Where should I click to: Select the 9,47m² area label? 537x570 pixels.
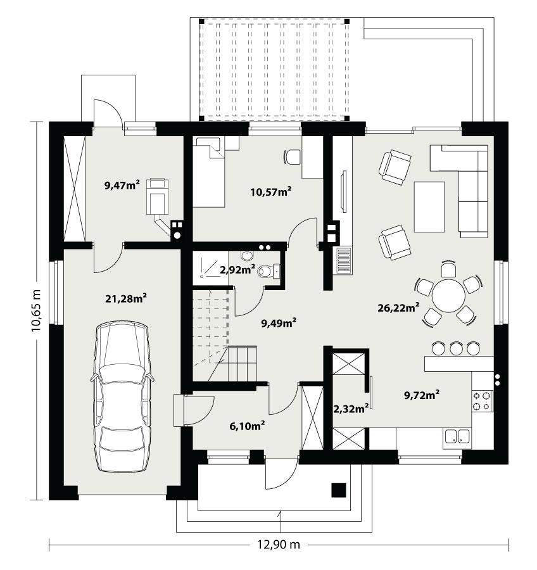(x=122, y=185)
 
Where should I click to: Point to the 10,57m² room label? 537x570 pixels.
(x=271, y=191)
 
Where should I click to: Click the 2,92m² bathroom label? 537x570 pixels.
(x=237, y=269)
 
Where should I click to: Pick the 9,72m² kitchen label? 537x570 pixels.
(x=422, y=395)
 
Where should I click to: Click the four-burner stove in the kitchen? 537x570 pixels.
(x=482, y=400)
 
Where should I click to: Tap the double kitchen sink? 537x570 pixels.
(x=457, y=436)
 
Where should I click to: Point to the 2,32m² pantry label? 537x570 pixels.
(x=351, y=408)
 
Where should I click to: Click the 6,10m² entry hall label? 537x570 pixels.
(x=246, y=426)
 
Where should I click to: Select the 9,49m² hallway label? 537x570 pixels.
(x=279, y=323)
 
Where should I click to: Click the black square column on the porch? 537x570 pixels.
(x=339, y=490)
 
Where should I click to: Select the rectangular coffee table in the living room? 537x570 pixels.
(x=430, y=206)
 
